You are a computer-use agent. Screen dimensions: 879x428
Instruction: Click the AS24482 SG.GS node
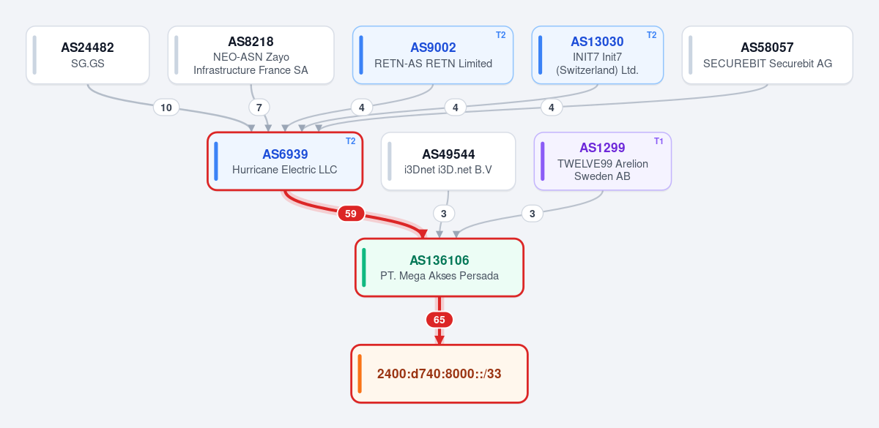(87, 55)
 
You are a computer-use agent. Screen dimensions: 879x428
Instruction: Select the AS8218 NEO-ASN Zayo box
(251, 55)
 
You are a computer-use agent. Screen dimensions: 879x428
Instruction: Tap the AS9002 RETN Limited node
(433, 55)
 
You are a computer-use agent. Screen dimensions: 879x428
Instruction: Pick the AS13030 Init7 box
(597, 55)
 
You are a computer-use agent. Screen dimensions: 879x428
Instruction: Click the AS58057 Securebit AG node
(767, 55)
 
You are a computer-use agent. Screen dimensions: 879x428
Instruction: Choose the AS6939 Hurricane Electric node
(285, 161)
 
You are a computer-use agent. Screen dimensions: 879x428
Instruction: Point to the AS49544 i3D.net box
(448, 161)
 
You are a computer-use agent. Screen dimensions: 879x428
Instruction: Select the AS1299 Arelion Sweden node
(602, 161)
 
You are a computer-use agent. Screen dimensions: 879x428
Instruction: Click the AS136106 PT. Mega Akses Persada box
(439, 267)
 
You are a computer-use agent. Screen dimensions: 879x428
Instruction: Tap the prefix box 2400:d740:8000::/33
(439, 374)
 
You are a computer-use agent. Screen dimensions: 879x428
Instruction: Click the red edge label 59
(351, 214)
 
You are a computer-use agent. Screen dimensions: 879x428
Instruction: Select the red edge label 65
(439, 320)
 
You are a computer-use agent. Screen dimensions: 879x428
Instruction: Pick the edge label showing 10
(166, 108)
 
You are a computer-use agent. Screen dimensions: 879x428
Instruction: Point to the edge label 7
(259, 108)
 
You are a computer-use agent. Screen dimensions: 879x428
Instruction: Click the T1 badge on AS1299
(659, 141)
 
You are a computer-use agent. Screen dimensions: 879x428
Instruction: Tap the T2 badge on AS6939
(350, 141)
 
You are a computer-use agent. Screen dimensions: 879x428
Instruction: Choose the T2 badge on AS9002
(501, 35)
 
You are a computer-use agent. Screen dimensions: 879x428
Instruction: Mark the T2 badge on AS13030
(651, 35)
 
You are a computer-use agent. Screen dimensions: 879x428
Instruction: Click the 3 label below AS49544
(444, 214)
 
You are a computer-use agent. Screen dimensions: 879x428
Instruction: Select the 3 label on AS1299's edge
(532, 214)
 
